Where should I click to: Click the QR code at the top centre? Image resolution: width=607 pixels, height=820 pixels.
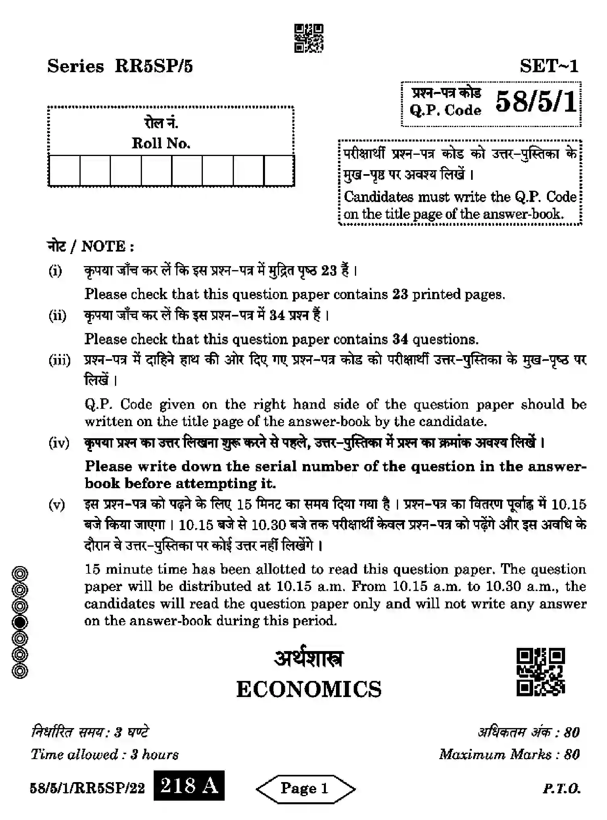[309, 38]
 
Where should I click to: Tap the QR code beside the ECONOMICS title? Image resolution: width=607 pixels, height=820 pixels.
[540, 672]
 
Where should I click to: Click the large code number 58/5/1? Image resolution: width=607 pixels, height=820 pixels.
[536, 102]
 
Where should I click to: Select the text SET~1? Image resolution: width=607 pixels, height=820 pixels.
[549, 66]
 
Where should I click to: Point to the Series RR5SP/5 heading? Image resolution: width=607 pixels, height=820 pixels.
[120, 66]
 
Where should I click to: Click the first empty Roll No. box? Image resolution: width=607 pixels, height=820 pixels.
[65, 171]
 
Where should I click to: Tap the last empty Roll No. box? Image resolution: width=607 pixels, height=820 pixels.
[279, 171]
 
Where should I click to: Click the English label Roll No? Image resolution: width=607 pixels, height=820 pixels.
[161, 143]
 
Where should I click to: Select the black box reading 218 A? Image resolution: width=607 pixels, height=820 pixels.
[189, 785]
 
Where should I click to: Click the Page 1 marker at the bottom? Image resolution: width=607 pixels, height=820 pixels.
[305, 788]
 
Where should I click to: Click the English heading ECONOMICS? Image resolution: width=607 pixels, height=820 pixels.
[309, 689]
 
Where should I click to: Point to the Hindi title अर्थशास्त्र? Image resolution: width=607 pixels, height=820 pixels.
[309, 659]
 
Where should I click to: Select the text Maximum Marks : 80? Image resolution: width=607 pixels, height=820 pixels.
[509, 754]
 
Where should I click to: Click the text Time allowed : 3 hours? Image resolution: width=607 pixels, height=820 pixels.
[104, 754]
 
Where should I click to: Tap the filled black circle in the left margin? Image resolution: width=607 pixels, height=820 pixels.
[20, 622]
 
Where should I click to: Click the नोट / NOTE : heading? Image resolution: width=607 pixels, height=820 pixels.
[91, 246]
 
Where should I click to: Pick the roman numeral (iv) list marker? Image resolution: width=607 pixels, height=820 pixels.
[59, 443]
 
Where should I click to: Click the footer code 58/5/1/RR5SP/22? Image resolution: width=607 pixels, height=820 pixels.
[87, 788]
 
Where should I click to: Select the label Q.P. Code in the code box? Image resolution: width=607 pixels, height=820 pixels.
[445, 110]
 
